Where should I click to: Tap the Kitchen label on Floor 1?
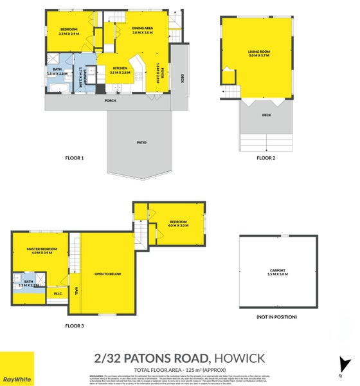coord(120,70)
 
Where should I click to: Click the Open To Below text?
coord(107,273)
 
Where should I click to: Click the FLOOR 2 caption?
coord(265,158)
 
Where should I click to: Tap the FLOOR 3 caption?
coord(75,326)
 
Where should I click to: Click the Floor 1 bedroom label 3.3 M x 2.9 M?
coord(69,31)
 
